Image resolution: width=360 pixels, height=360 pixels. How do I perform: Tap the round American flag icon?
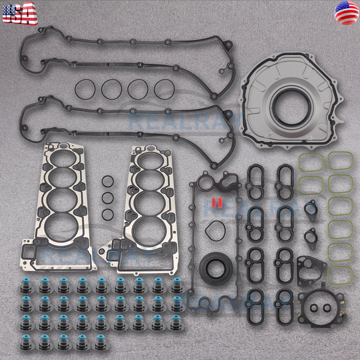[x=346, y=13]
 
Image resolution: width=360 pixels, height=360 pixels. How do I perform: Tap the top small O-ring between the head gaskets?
[x=108, y=181]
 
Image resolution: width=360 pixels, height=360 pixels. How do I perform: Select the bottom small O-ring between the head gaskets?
[x=108, y=214]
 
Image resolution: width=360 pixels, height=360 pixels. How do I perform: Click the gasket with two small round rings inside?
[x=321, y=309]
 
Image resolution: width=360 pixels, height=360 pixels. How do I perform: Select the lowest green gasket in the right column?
[x=340, y=275]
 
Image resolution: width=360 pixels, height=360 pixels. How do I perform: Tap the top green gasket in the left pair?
[x=311, y=161]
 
